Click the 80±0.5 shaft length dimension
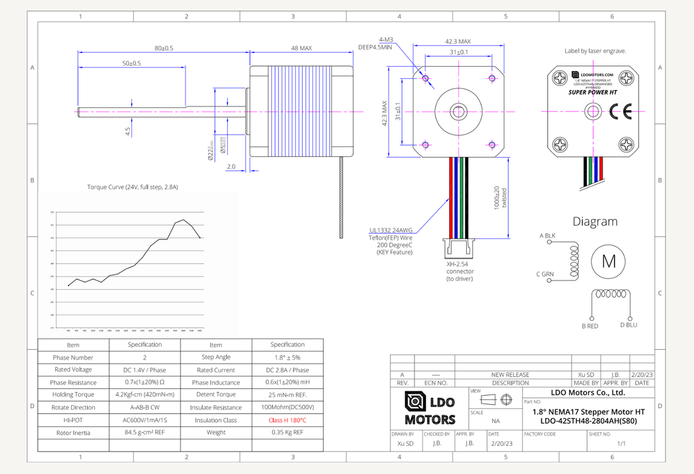163,48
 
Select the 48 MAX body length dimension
301,48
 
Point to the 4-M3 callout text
387,38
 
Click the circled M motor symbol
609,261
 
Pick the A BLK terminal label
547,235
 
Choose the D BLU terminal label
628,325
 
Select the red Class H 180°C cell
287,420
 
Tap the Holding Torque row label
73,395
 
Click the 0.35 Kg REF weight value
287,432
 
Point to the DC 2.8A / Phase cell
287,370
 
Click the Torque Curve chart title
132,187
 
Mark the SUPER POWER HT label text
592,92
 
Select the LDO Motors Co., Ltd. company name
587,392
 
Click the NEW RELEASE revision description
510,374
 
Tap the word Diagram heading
594,221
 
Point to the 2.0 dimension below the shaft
231,167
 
